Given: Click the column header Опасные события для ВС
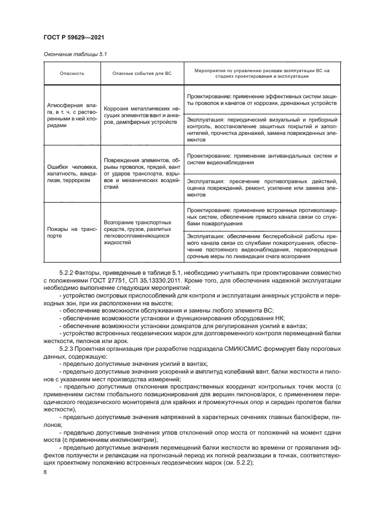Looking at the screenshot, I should click(141, 74).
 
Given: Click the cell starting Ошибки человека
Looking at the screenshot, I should click(71, 175).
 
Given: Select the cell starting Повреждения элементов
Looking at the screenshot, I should click(141, 175).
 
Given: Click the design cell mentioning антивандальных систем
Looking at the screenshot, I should click(262, 159).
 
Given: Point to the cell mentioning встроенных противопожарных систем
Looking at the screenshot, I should click(262, 216).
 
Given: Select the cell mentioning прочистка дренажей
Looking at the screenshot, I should click(262, 130).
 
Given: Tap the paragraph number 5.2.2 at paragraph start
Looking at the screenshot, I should click(67, 274).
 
